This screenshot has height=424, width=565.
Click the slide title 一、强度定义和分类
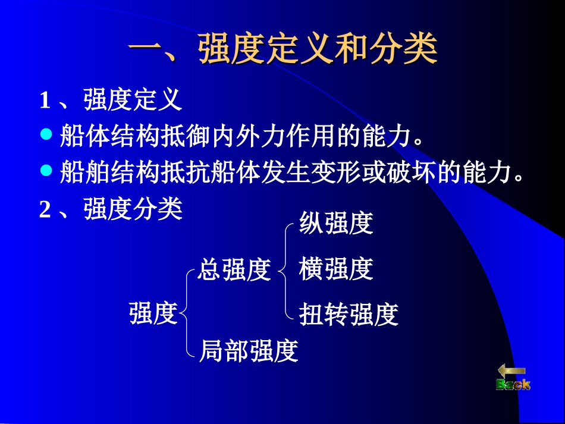click(282, 49)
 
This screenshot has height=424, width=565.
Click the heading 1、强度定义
click(111, 100)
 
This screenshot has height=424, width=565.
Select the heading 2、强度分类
click(111, 210)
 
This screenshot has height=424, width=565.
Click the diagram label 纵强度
click(336, 224)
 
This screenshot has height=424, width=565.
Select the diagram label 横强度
click(336, 269)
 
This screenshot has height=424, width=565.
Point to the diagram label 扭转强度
click(349, 315)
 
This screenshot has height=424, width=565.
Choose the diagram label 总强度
click(234, 270)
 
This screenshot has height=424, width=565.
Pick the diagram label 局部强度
click(248, 351)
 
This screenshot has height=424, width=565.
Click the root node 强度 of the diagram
click(153, 313)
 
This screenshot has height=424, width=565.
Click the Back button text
click(513, 385)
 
